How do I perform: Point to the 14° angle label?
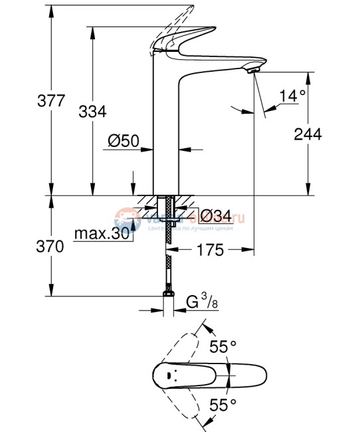[x=292, y=96]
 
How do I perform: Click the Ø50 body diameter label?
[x=122, y=141]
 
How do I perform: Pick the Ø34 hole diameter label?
[x=215, y=216]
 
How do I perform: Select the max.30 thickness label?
[x=102, y=234]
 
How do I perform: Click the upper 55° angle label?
[x=223, y=346]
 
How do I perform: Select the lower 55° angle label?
[x=223, y=404]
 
